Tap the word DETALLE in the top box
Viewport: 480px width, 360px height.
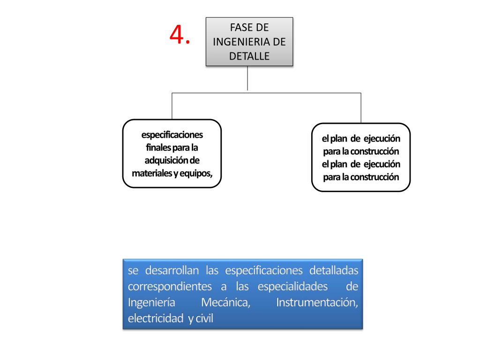click(x=249, y=56)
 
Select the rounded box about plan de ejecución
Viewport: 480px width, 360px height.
click(x=360, y=157)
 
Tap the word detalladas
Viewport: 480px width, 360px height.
click(x=334, y=270)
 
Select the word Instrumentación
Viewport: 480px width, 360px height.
click(x=317, y=302)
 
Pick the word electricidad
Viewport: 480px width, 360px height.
click(x=155, y=319)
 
